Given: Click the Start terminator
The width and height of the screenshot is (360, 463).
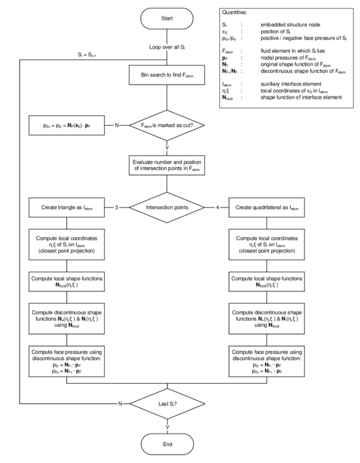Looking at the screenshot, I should (x=168, y=19).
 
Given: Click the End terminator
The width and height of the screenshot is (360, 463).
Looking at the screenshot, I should (x=168, y=443).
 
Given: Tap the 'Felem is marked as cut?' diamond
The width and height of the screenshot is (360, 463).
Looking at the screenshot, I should (x=168, y=124).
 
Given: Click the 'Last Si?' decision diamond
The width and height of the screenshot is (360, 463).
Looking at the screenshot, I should (x=168, y=403).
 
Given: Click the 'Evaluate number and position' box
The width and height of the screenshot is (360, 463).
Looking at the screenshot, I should (x=168, y=166).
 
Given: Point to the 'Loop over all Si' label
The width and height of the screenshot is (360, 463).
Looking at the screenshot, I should (x=168, y=48).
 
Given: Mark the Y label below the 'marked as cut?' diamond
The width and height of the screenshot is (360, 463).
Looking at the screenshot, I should (x=168, y=148).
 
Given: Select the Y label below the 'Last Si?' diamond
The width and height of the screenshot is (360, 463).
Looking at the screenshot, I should (x=168, y=426).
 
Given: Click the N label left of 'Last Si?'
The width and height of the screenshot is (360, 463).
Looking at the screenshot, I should (x=120, y=403).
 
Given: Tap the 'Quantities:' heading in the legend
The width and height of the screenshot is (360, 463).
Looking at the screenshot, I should (x=235, y=12).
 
